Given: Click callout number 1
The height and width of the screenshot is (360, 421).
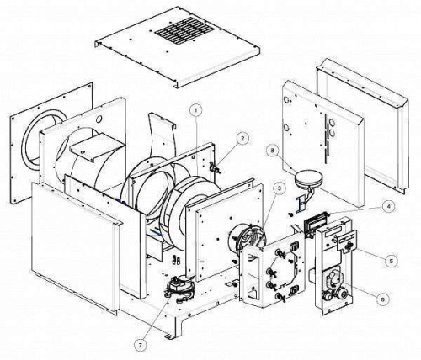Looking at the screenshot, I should tap(195, 110).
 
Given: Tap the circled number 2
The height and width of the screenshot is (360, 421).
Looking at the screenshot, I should tap(242, 138).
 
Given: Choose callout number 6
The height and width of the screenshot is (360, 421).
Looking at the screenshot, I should tap(383, 299).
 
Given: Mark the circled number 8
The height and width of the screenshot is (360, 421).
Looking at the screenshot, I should tap(271, 150).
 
